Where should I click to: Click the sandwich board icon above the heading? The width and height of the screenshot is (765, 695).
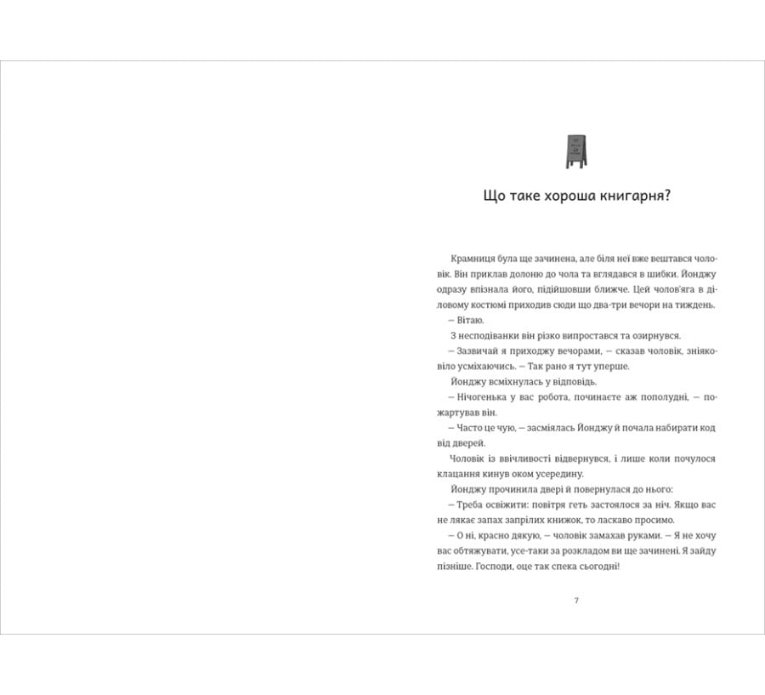576,148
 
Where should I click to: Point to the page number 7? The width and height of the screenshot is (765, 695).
576,601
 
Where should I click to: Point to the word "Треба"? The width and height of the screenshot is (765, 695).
468,504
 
